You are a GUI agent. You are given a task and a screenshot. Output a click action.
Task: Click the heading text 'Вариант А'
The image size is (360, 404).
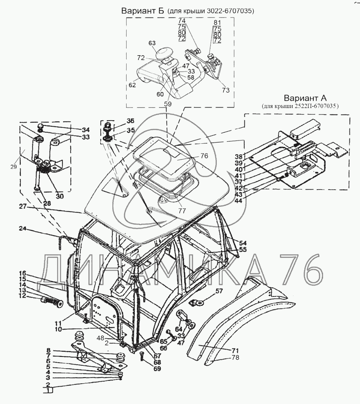[305, 98]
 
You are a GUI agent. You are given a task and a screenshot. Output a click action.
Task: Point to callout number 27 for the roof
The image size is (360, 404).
[23, 206]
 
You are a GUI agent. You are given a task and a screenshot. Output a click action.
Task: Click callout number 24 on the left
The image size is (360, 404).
[23, 228]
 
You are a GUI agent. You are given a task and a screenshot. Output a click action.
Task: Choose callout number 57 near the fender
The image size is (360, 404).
[219, 291]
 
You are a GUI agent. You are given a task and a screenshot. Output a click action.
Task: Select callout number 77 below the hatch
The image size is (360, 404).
[182, 211]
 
